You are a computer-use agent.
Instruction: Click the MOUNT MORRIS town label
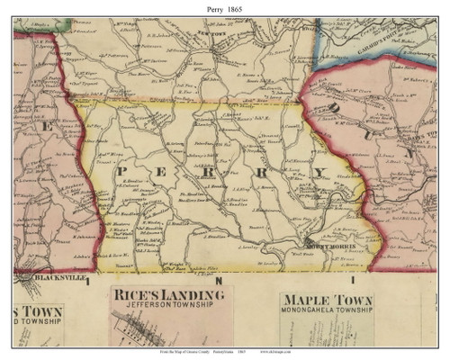pos(320,246)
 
